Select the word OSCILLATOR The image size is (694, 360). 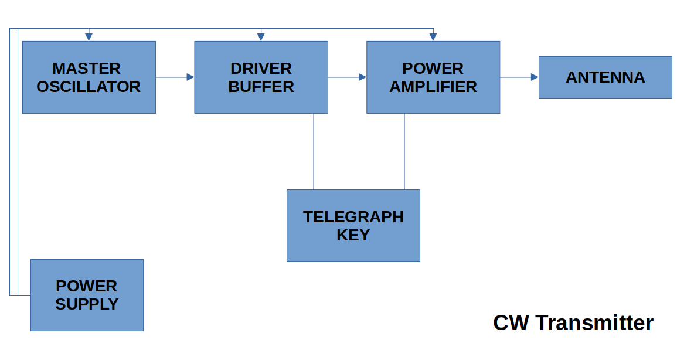[89, 87]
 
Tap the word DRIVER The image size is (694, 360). [261, 69]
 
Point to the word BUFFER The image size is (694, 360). [261, 87]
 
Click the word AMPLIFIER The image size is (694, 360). [433, 87]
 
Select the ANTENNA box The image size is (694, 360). [605, 77]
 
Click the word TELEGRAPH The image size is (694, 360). [353, 217]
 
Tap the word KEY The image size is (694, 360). [353, 235]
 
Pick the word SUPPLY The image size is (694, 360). [87, 304]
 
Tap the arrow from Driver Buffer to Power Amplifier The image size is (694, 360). [347, 77]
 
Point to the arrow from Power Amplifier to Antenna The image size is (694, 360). [519, 77]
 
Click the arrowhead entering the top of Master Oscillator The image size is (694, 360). [89, 37]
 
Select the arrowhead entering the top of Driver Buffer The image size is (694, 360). [261, 37]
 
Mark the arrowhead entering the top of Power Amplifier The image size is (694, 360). [433, 37]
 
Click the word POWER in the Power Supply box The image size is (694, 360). [87, 286]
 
